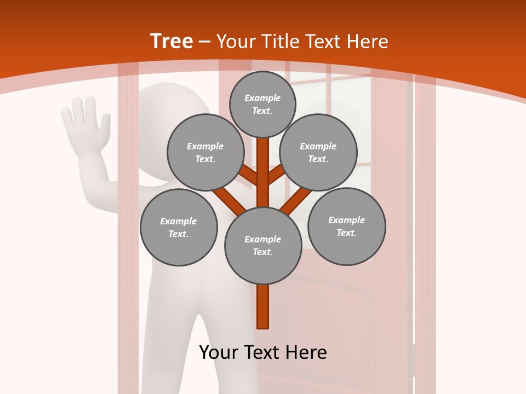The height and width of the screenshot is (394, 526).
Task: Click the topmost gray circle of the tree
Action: pyautogui.click(x=262, y=104)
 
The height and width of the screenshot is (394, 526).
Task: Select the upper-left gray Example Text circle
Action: pyautogui.click(x=205, y=152)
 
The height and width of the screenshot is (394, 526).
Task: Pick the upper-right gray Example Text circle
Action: pyautogui.click(x=318, y=152)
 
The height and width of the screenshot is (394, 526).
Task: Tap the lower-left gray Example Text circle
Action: pyautogui.click(x=179, y=227)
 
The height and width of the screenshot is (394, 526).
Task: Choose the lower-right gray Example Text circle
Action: pyautogui.click(x=347, y=226)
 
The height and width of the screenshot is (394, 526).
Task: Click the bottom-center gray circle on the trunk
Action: pyautogui.click(x=263, y=246)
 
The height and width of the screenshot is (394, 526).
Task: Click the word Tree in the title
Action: pyautogui.click(x=171, y=41)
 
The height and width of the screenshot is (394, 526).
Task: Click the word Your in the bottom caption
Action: pyautogui.click(x=219, y=352)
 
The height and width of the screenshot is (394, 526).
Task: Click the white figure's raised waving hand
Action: pyautogui.click(x=85, y=123)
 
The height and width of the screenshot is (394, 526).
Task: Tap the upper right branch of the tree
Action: pyautogui.click(x=277, y=175)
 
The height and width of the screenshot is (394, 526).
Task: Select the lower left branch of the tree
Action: pyautogui.click(x=230, y=201)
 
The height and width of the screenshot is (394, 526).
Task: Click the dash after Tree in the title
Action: pyautogui.click(x=205, y=42)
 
